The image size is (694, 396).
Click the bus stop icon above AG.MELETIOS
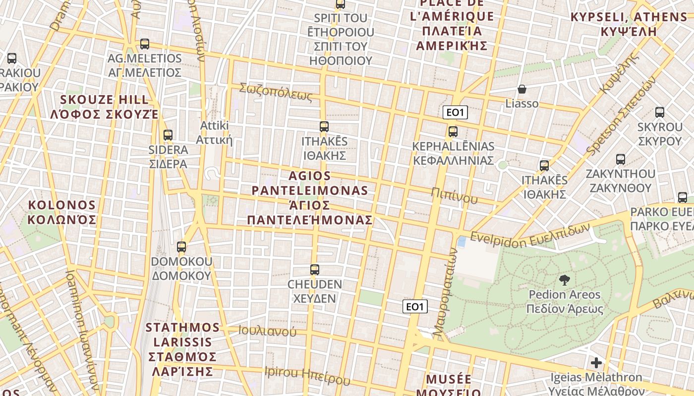[x=145, y=44]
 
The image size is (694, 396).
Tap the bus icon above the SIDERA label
[x=168, y=135]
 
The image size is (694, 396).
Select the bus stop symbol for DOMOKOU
[x=181, y=247]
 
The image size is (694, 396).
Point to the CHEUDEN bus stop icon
[x=315, y=270]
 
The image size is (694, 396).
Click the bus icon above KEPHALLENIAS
[x=453, y=132]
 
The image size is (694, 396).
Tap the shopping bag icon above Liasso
[x=521, y=89]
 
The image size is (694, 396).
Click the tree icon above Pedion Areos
[x=564, y=280]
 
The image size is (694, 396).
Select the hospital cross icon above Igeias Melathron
[x=596, y=363]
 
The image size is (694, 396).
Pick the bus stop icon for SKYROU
[x=660, y=112]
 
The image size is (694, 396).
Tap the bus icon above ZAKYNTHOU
[x=621, y=159]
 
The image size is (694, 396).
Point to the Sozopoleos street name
[x=276, y=92]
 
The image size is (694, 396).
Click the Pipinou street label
[x=454, y=196]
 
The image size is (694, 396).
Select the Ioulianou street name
[x=267, y=331]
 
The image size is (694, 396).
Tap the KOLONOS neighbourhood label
[x=62, y=212]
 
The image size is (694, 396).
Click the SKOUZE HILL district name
[x=104, y=106]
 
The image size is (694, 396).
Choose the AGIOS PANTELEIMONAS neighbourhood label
[x=310, y=198]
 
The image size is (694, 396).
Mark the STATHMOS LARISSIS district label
[x=182, y=349]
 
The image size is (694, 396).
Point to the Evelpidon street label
[x=530, y=233]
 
